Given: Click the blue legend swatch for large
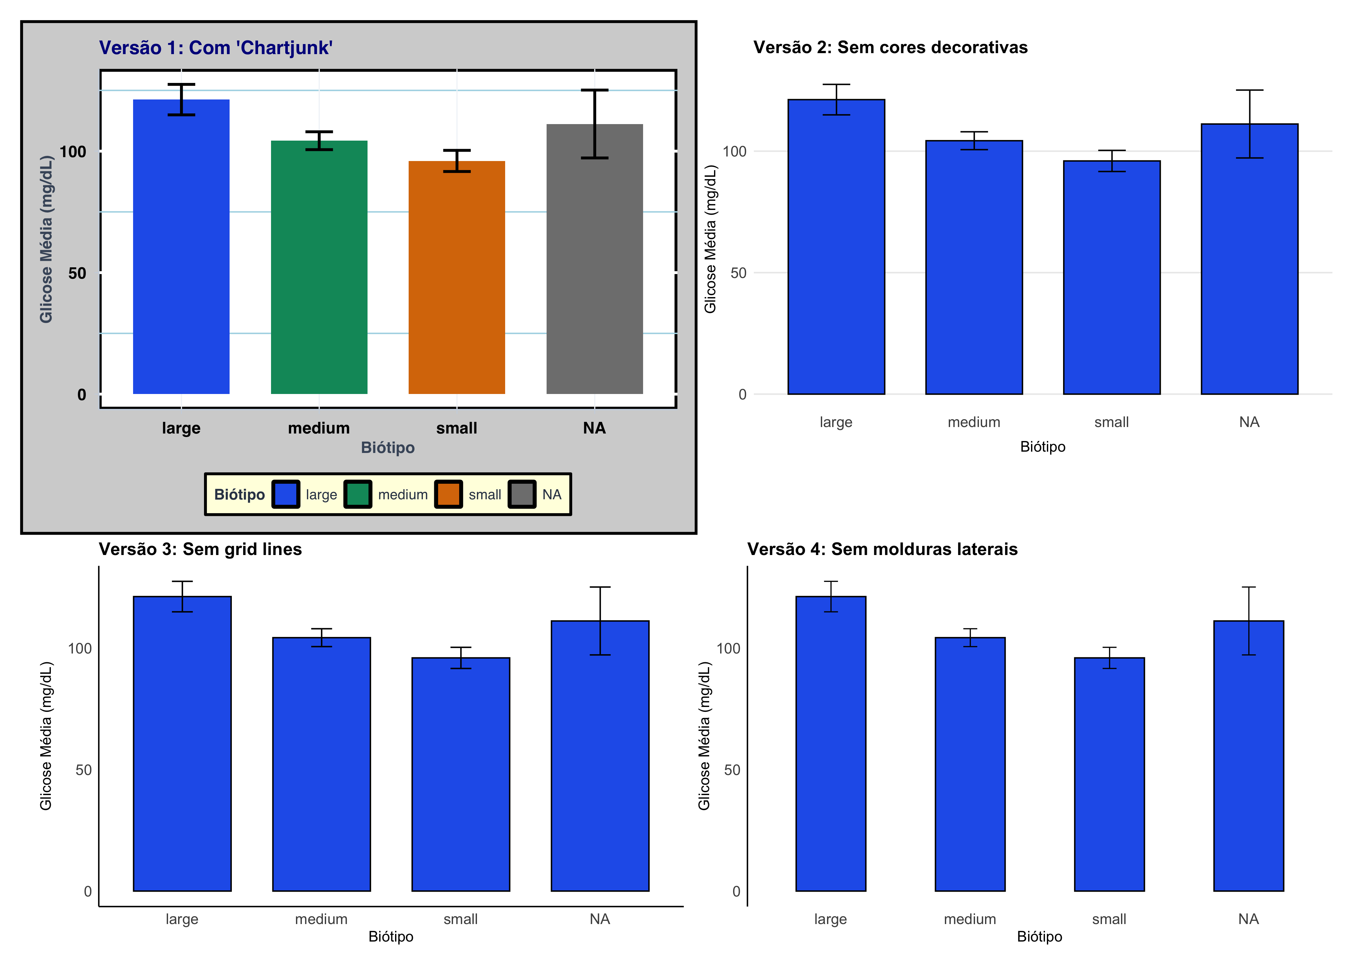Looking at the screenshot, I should [x=286, y=494].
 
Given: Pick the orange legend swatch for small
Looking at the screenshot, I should [x=448, y=494].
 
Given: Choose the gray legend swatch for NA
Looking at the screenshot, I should [x=522, y=494].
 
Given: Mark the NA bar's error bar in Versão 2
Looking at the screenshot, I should [x=1249, y=124].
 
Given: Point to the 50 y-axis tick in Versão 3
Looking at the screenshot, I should [x=83, y=770].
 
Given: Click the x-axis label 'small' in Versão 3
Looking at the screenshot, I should [x=460, y=919].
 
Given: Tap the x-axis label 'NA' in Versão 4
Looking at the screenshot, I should [x=1248, y=919].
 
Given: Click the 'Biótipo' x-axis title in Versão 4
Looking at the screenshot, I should [x=1039, y=937].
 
